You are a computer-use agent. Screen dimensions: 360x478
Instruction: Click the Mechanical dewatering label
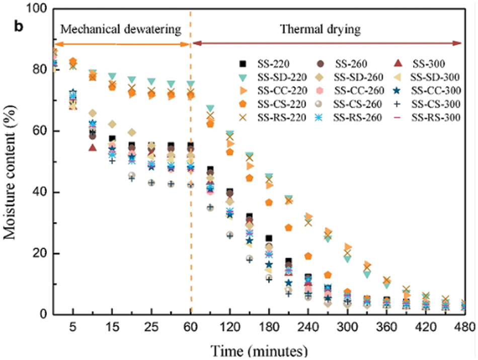click(120, 29)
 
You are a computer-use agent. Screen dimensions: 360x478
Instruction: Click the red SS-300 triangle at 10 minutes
click(93, 148)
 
